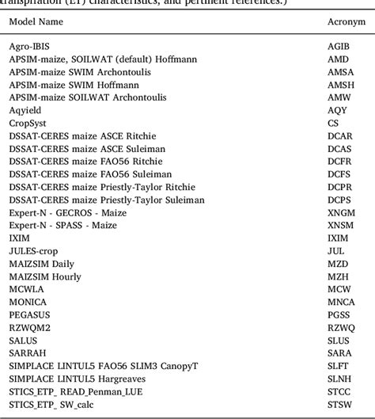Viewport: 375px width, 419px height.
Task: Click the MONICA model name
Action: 28,300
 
